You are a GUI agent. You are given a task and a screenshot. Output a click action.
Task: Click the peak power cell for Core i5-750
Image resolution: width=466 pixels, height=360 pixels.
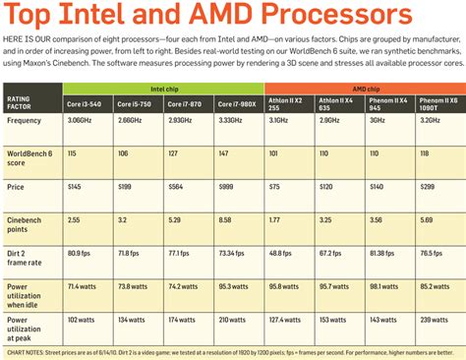(x=134, y=318)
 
